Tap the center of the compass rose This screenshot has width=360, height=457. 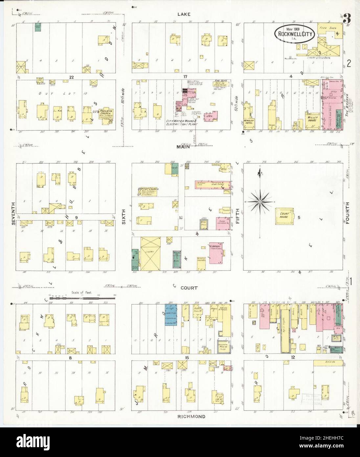point(259,201)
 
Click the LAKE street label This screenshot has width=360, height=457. point(183,14)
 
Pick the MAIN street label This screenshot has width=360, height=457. point(183,147)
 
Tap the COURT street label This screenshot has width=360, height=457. point(189,288)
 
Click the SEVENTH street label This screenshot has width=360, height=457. point(13,218)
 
